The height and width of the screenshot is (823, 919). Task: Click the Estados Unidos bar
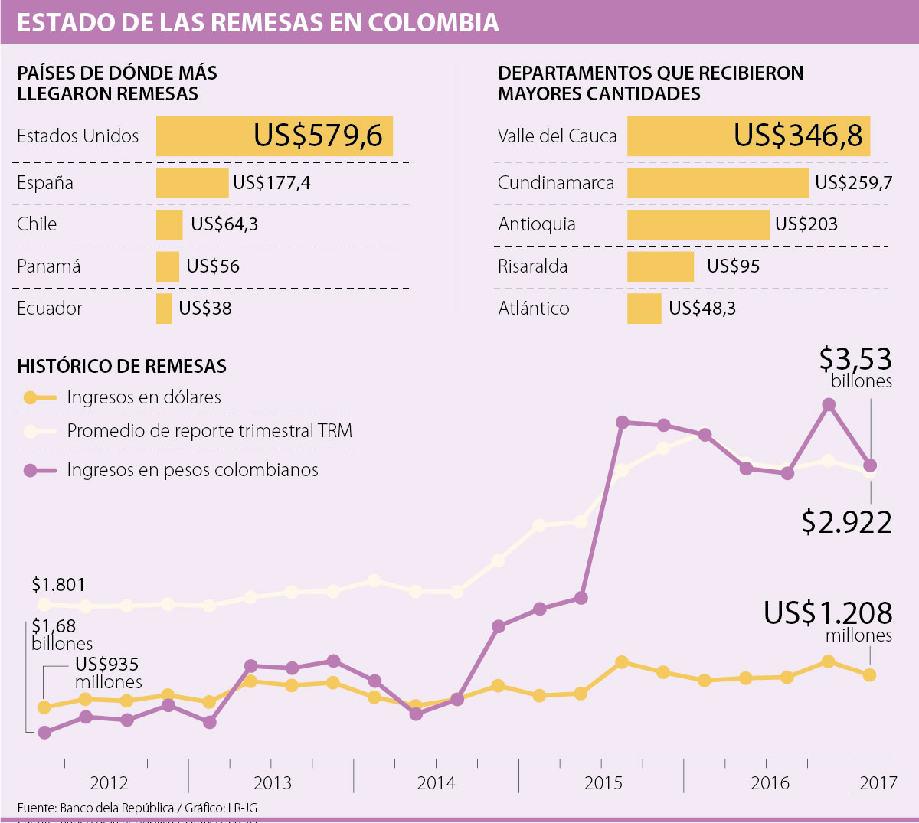click(x=274, y=136)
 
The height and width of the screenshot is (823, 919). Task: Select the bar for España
click(x=192, y=183)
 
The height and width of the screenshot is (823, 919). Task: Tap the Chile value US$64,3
click(x=224, y=224)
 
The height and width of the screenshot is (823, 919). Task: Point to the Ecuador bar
click(x=164, y=309)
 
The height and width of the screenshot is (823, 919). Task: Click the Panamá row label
click(x=48, y=266)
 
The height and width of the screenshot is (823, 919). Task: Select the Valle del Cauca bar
click(x=748, y=136)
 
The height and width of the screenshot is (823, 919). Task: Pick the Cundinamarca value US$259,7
click(x=853, y=183)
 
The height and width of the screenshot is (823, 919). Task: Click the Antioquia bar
click(x=698, y=225)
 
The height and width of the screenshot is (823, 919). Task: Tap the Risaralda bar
click(x=660, y=266)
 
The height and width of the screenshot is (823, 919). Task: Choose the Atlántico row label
click(x=533, y=309)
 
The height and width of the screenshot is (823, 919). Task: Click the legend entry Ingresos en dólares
click(x=143, y=397)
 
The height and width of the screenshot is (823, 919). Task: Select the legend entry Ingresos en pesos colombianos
click(x=192, y=470)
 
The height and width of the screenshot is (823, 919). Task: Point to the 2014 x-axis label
click(x=436, y=783)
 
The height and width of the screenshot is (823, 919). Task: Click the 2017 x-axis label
click(x=878, y=783)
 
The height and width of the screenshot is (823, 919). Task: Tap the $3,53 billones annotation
click(x=855, y=367)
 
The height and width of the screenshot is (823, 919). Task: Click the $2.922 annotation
click(x=846, y=522)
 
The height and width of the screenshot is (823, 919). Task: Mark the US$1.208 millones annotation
click(x=828, y=621)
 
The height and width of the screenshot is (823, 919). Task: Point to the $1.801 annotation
click(x=58, y=585)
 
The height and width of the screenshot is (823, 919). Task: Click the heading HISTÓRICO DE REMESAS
click(x=122, y=366)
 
